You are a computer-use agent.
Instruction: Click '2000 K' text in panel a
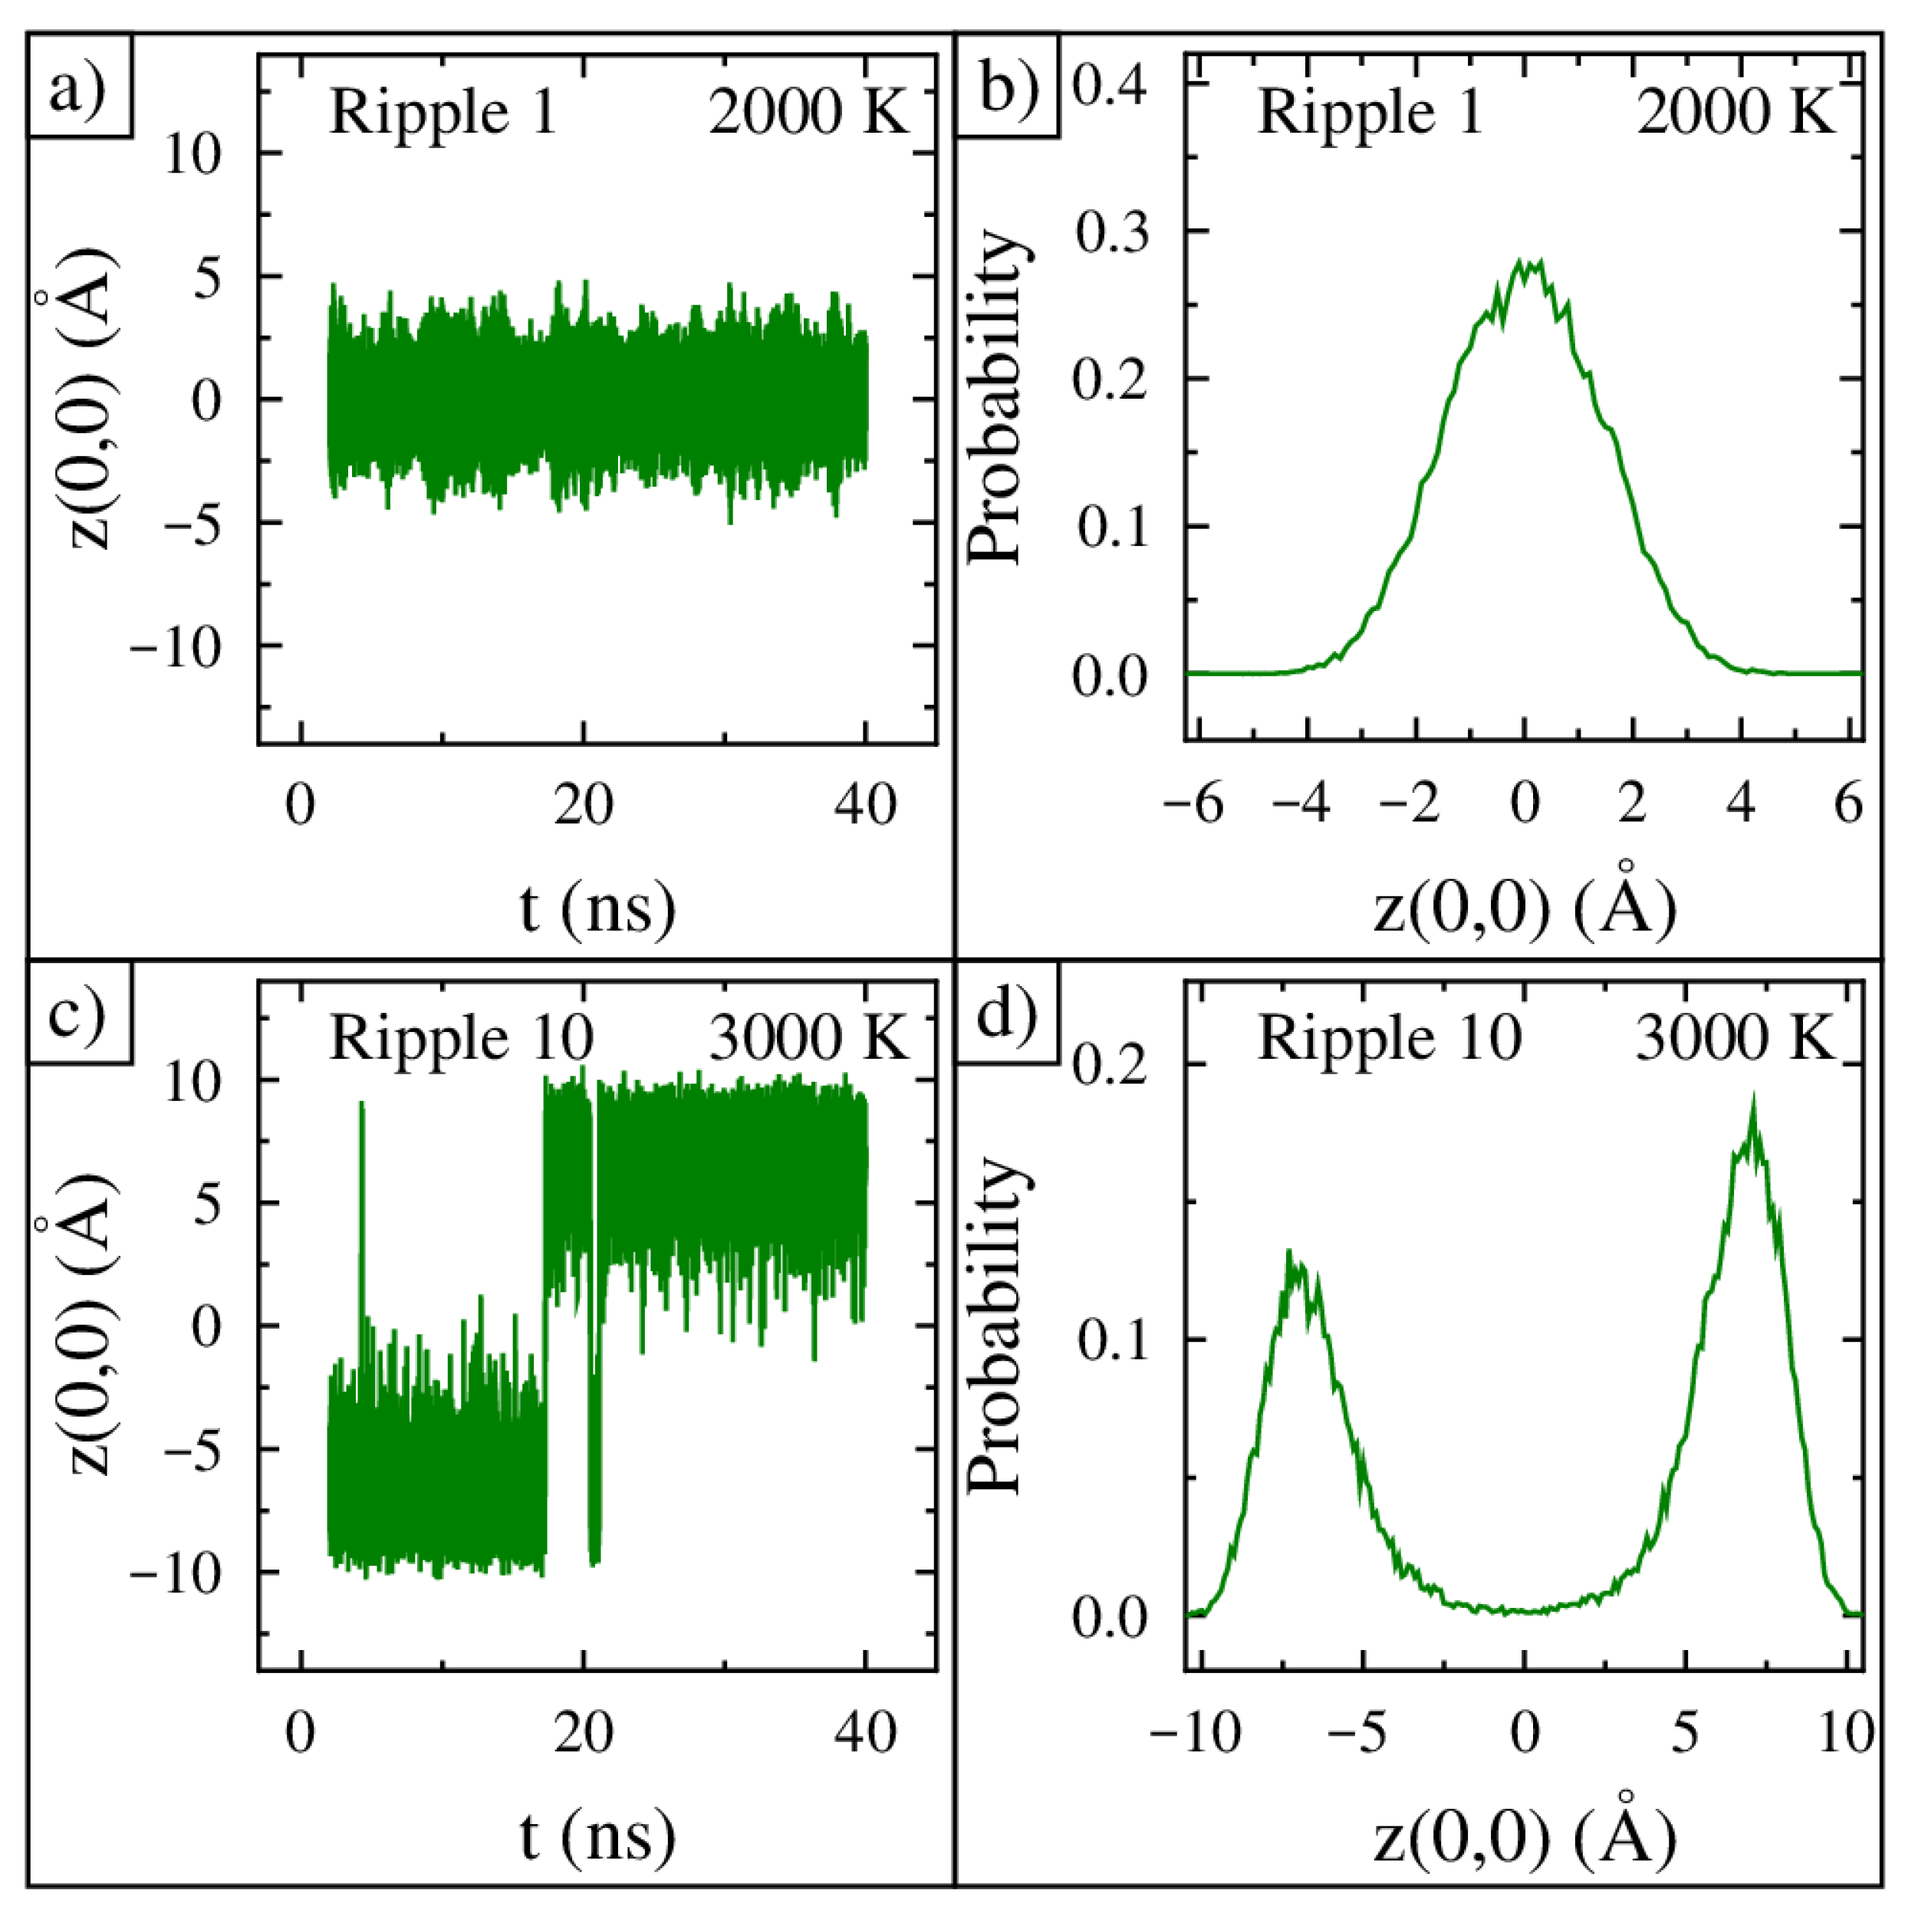pos(807,112)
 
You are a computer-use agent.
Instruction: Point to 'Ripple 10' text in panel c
pos(461,1038)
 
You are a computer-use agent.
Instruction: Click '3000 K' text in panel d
pos(1734,1038)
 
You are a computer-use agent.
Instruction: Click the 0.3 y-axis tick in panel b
pos(1111,232)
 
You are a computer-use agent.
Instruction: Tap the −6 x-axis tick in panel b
pos(1193,804)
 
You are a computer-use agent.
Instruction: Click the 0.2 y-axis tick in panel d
pos(1111,1066)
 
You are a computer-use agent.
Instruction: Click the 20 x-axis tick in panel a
pos(584,804)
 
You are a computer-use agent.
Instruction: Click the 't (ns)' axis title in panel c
pos(597,1836)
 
